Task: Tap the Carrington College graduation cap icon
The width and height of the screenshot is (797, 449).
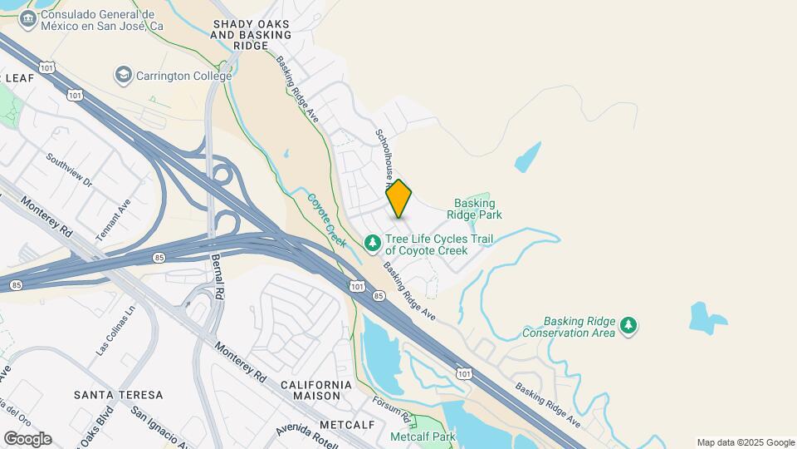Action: coord(124,76)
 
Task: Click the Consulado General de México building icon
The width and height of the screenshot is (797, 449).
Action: coord(27,18)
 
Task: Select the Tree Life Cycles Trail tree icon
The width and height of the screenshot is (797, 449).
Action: coord(373,243)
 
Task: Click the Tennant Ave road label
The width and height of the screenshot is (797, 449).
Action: coord(114,220)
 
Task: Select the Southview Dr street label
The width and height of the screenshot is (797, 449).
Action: coord(71,170)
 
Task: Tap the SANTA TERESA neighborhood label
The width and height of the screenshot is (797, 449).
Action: coord(118,394)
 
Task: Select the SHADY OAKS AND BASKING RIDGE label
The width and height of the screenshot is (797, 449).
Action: coord(252,30)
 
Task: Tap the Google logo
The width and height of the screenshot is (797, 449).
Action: coord(27,439)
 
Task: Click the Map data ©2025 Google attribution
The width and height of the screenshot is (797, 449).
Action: coord(746,442)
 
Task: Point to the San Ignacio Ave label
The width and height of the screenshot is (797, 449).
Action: coord(163,423)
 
